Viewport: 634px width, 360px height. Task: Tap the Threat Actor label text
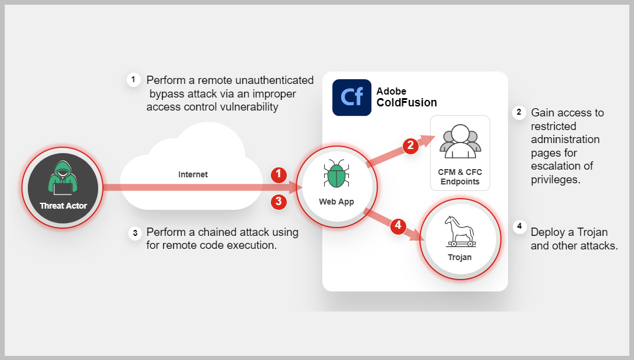point(63,206)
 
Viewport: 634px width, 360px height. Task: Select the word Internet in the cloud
point(193,174)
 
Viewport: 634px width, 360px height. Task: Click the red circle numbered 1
point(279,174)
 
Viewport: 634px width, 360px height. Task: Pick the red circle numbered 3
point(279,202)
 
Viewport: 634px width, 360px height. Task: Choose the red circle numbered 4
point(398,225)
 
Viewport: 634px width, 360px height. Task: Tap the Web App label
point(337,202)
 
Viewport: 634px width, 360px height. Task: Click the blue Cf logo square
point(352,97)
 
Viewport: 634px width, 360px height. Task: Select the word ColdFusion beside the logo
point(406,102)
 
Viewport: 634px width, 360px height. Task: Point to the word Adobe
point(392,91)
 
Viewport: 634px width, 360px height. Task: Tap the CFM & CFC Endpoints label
point(460,177)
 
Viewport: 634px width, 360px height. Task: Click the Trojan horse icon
point(460,232)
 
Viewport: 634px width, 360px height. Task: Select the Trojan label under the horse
point(460,257)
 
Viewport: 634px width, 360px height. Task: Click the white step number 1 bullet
point(134,79)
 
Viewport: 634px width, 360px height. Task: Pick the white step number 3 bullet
point(135,233)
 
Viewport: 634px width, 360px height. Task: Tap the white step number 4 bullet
point(519,226)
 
